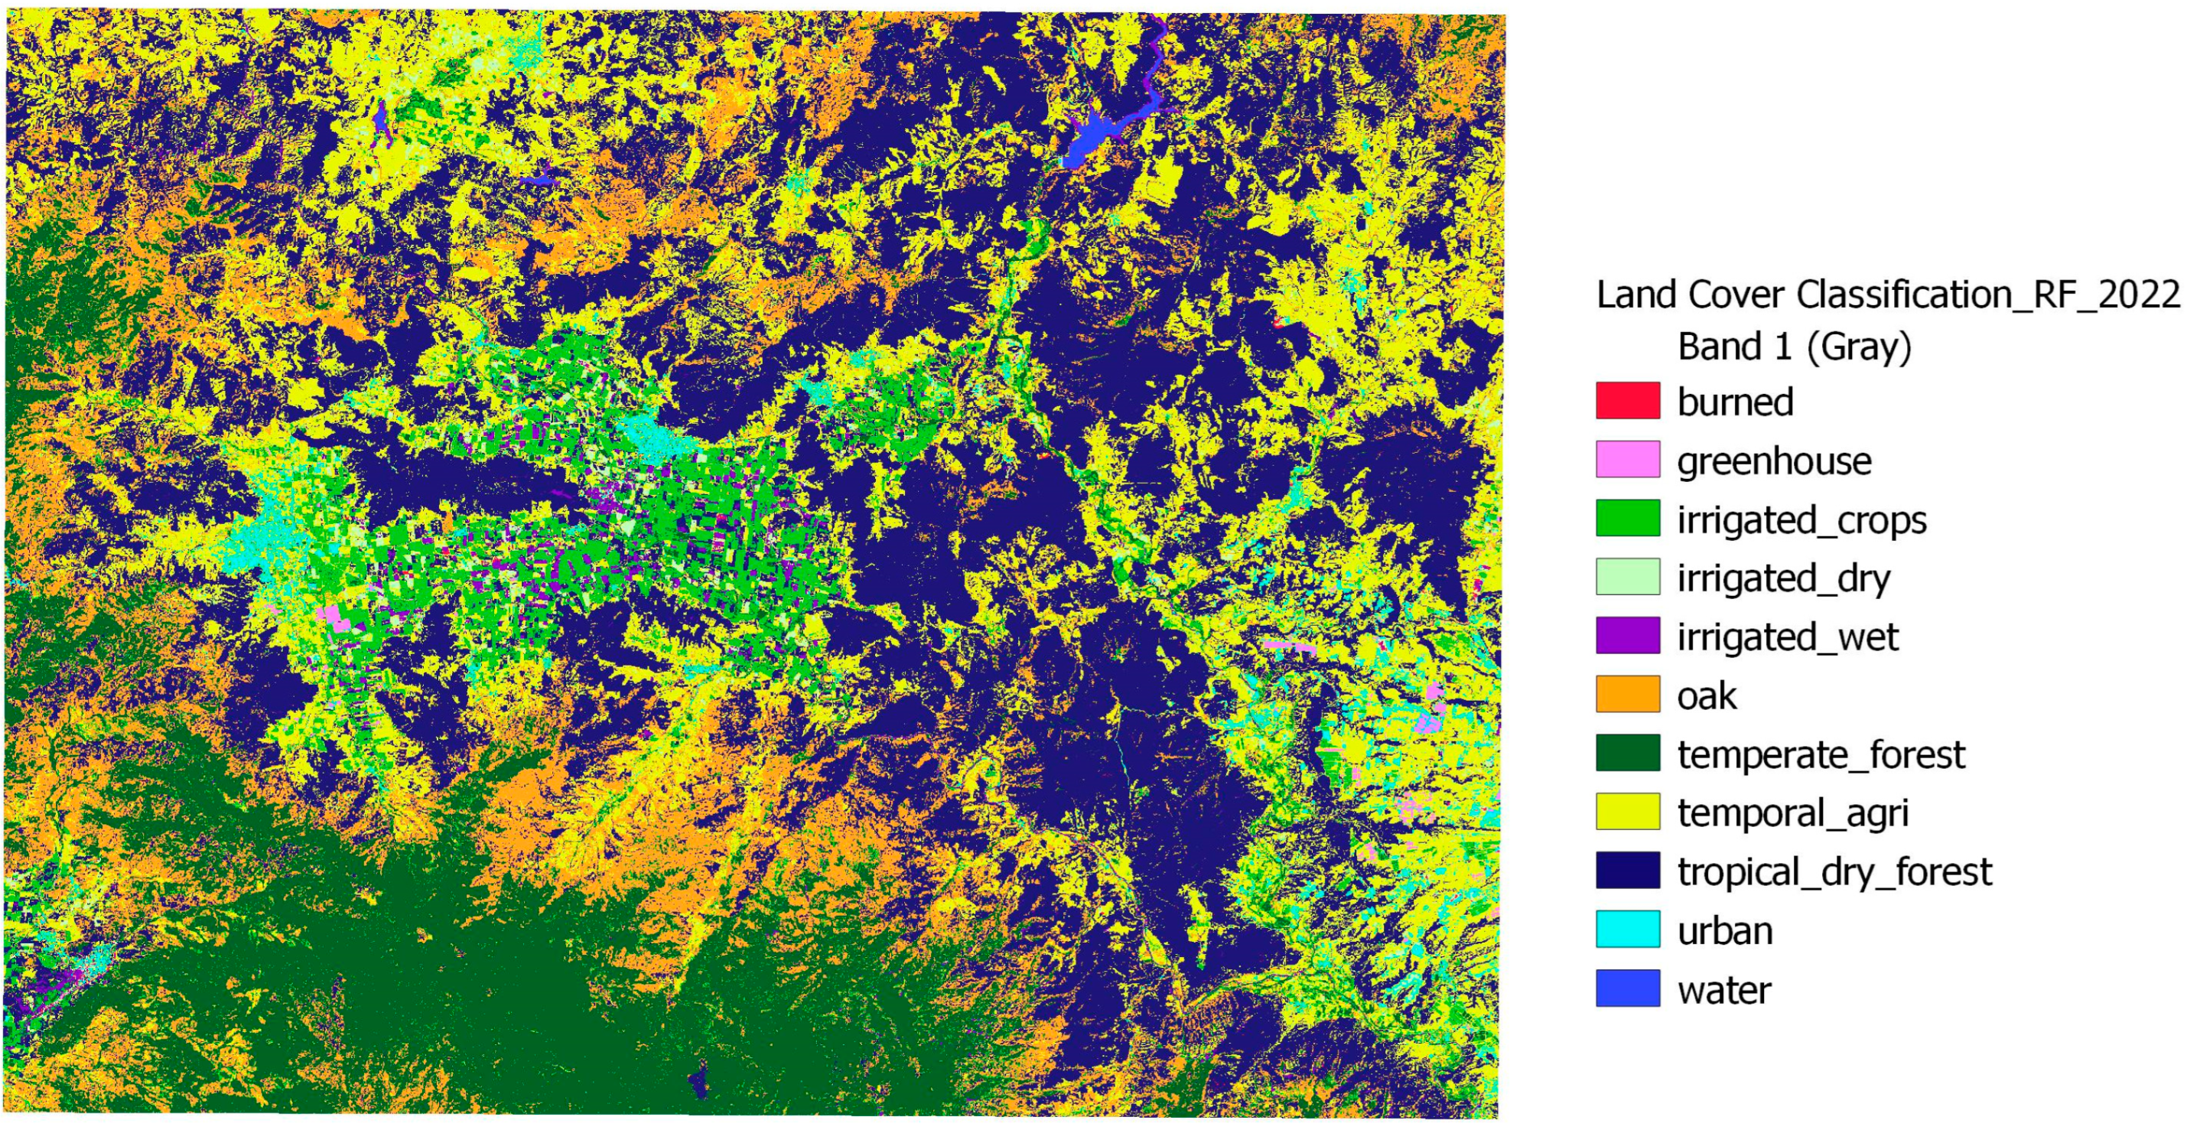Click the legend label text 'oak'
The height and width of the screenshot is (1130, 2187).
point(1707,696)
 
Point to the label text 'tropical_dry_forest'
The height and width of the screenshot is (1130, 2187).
point(1834,872)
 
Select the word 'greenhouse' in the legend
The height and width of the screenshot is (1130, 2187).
point(1773,462)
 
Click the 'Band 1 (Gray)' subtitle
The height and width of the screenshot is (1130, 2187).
point(1794,347)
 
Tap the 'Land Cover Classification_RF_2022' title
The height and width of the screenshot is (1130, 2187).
point(1888,295)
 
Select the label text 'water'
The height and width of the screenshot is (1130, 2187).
point(1723,990)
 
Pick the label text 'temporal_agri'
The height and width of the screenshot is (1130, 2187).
point(1792,813)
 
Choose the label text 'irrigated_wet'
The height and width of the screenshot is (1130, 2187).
point(1787,637)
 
